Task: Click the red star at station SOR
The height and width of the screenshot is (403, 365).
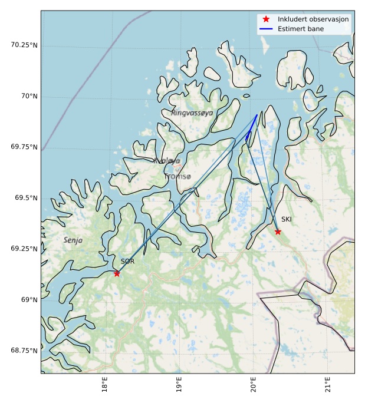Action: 117,273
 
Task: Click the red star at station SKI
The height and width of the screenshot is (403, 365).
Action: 278,232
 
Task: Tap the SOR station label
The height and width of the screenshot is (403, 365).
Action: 128,261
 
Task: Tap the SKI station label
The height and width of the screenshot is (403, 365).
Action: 287,219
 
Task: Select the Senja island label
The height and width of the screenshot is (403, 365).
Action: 73,240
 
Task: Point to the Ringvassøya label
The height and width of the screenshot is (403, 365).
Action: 192,113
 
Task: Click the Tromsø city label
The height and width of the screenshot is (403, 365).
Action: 177,176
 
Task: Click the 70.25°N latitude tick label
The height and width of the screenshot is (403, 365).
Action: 24,45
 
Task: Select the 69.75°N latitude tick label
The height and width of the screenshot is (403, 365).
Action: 24,147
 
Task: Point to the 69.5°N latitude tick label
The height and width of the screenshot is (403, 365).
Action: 26,198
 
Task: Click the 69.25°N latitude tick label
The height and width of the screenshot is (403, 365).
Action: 24,249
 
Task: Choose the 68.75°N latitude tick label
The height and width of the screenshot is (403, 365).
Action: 24,351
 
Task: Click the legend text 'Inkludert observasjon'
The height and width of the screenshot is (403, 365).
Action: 313,19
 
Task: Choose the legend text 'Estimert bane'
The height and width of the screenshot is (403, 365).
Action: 301,28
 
